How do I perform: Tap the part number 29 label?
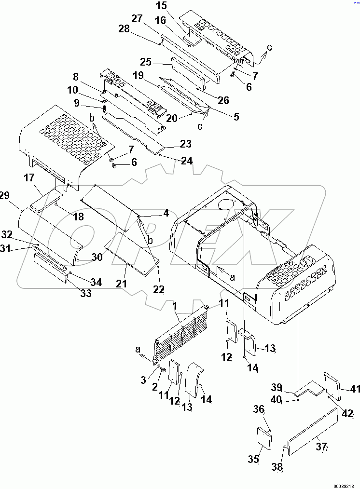pyautogui.click(x=5, y=195)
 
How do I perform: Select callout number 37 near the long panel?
pyautogui.click(x=322, y=447)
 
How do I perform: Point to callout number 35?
pyautogui.click(x=254, y=460)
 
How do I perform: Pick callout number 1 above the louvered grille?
pyautogui.click(x=175, y=306)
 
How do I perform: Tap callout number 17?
pyautogui.click(x=28, y=178)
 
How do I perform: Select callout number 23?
pyautogui.click(x=186, y=144)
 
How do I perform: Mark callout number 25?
pyautogui.click(x=146, y=62)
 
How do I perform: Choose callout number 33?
pyautogui.click(x=85, y=294)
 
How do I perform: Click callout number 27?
pyautogui.click(x=137, y=19)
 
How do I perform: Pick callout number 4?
pyautogui.click(x=166, y=212)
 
